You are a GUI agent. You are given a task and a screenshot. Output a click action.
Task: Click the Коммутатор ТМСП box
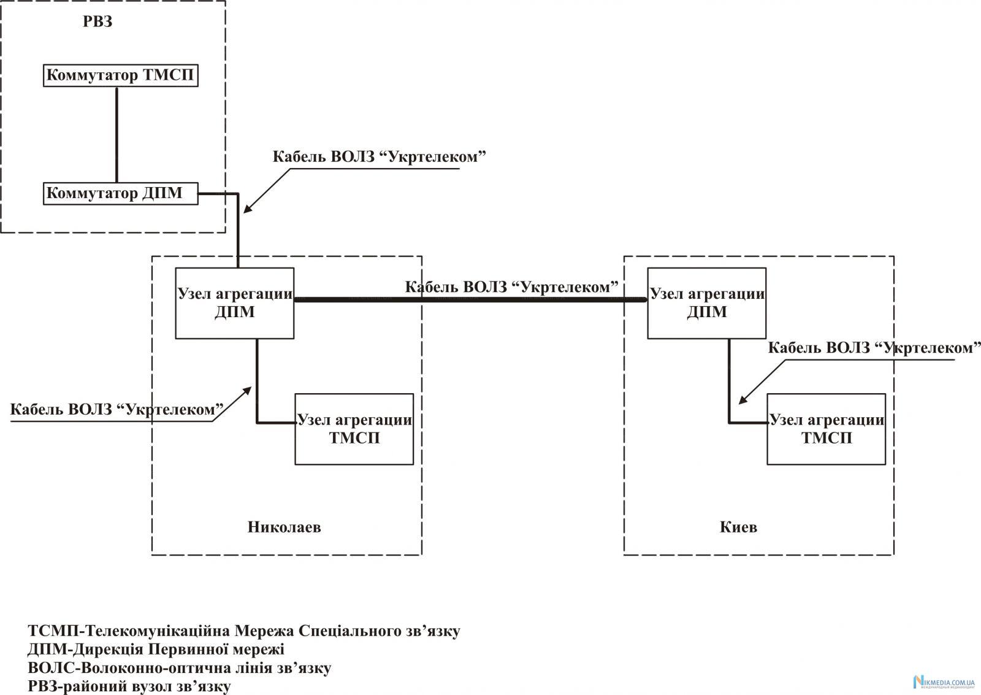pos(121,76)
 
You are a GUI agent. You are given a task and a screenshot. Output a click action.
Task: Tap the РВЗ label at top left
pos(98,23)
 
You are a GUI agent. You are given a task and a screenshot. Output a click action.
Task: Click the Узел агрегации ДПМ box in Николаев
pos(235,303)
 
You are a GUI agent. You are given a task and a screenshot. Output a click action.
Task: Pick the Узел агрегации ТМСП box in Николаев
pos(354,429)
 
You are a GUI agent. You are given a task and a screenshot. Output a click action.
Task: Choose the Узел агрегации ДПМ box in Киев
pos(707,303)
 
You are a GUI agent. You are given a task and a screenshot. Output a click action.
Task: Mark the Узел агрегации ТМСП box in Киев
pos(826,429)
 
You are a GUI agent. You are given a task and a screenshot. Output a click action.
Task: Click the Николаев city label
pos(284,528)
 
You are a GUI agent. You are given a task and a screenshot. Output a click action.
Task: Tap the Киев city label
pos(738,528)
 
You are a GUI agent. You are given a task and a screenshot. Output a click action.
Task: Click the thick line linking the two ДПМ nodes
pos(470,300)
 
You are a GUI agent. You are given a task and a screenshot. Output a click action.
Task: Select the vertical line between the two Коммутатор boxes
pos(116,134)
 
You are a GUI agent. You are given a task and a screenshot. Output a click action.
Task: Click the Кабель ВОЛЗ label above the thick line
pos(511,287)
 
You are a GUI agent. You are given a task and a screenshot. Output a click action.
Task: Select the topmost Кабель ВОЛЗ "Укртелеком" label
pos(379,157)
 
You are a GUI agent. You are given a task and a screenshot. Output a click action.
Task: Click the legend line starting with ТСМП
pos(243,631)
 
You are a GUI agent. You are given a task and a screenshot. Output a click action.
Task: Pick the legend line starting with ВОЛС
pos(180,668)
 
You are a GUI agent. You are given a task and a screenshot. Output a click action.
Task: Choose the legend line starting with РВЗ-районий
pos(129,686)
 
